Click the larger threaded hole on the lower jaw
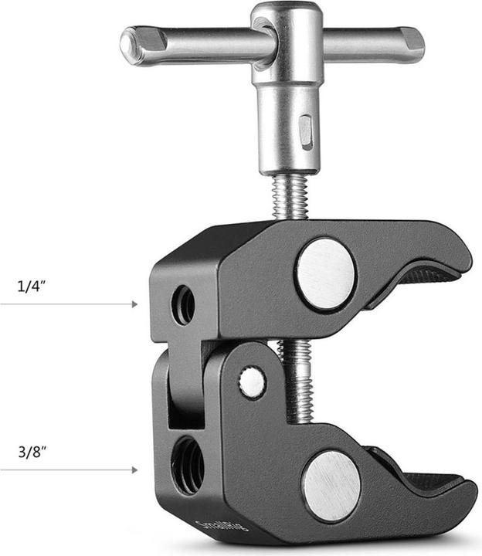[188, 464]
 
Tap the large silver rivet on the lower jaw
[331, 486]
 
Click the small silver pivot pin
[252, 382]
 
